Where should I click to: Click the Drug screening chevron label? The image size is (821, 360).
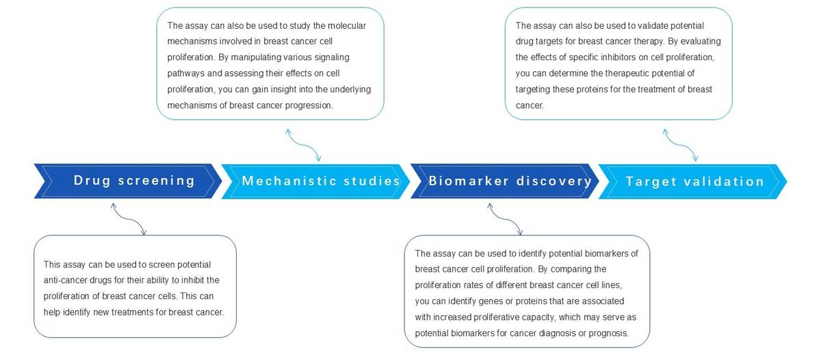click(134, 181)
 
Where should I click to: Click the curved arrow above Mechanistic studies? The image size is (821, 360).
click(304, 145)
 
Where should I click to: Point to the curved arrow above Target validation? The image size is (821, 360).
click(681, 145)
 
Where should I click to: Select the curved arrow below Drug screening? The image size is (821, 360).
click(129, 219)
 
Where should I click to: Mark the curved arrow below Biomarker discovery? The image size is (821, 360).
click(506, 219)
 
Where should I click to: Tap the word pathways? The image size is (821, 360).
click(186, 74)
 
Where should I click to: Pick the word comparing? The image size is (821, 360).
click(568, 270)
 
